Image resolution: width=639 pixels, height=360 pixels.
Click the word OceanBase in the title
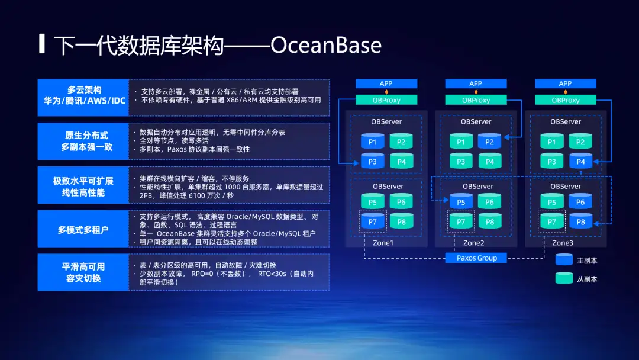325,45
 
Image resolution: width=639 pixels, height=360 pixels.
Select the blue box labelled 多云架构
83,98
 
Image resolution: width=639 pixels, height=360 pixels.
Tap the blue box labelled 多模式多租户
83,229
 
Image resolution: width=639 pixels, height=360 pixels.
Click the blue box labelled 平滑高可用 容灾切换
83,272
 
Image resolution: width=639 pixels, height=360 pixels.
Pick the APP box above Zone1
386,83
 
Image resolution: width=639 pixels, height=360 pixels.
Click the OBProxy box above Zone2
476,100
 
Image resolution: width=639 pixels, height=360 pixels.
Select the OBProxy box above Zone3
566,100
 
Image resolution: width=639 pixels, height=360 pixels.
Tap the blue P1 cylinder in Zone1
373,141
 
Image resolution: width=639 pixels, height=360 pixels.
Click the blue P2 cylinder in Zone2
489,141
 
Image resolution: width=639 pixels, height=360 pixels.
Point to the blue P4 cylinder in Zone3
581,161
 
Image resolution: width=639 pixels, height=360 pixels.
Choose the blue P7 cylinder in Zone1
373,221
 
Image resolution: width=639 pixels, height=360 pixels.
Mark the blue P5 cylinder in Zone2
461,201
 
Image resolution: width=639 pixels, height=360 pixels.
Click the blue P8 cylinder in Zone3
581,221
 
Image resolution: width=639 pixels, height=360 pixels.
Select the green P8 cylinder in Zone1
401,221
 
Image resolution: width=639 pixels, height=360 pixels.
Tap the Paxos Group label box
476,258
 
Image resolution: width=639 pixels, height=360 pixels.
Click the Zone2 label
473,243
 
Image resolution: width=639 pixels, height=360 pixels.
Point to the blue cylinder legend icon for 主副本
564,260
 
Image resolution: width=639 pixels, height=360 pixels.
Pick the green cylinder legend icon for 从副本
564,278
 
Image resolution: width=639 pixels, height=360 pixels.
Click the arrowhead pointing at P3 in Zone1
356,163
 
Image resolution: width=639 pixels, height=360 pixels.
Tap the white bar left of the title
41,44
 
